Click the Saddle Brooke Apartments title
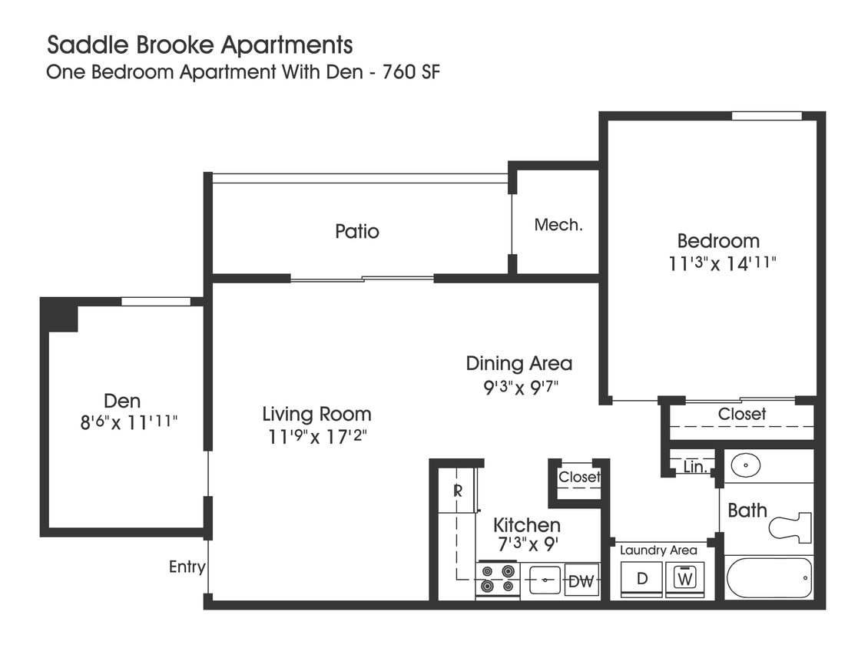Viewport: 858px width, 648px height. (200, 45)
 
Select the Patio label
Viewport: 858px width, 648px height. (357, 231)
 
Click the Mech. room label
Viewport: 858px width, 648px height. (558, 225)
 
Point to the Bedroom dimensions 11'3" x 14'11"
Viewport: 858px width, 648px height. (723, 263)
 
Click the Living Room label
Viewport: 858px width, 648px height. (316, 415)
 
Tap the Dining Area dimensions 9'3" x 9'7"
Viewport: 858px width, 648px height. (520, 387)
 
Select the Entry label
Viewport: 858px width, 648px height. (187, 567)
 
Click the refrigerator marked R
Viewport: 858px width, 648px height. (457, 491)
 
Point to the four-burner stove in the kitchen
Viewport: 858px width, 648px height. (498, 580)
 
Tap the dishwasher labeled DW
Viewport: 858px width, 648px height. (581, 581)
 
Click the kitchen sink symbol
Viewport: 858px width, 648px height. (544, 580)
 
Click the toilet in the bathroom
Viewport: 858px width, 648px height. (791, 527)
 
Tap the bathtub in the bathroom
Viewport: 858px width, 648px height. (768, 577)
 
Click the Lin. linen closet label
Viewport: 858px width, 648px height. (694, 467)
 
